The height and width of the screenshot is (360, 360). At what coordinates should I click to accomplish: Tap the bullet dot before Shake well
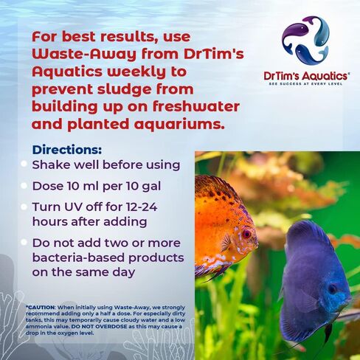coord(24,164)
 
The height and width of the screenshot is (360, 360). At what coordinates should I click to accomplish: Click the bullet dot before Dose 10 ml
coord(24,186)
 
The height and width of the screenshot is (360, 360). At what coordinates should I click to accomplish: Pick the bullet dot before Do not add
coord(24,242)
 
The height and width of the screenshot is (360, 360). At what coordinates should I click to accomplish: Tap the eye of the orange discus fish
coord(246,234)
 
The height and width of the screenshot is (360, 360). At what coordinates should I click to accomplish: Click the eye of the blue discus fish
coord(331,288)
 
